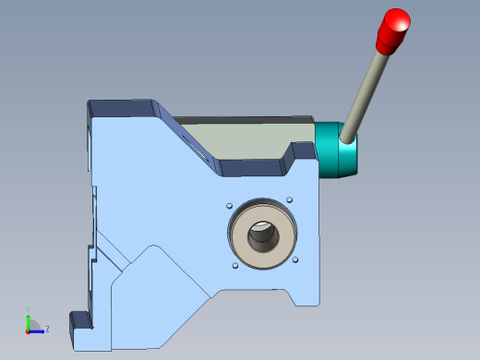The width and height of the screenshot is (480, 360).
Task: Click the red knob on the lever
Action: click(394, 30)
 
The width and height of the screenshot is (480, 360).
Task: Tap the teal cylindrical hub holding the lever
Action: click(338, 152)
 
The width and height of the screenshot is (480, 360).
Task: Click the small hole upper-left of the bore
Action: click(227, 204)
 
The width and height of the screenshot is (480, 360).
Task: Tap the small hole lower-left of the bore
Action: click(234, 267)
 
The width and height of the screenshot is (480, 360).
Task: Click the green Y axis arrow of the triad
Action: click(29, 319)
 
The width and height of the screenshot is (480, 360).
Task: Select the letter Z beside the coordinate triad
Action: click(47, 329)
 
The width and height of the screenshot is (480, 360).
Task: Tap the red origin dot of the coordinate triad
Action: click(28, 330)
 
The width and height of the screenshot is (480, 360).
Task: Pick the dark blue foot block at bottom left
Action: click(81, 320)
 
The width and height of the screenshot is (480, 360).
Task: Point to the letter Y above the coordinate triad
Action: click(29, 310)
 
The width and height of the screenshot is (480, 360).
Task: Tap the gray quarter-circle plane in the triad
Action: click(33, 325)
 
